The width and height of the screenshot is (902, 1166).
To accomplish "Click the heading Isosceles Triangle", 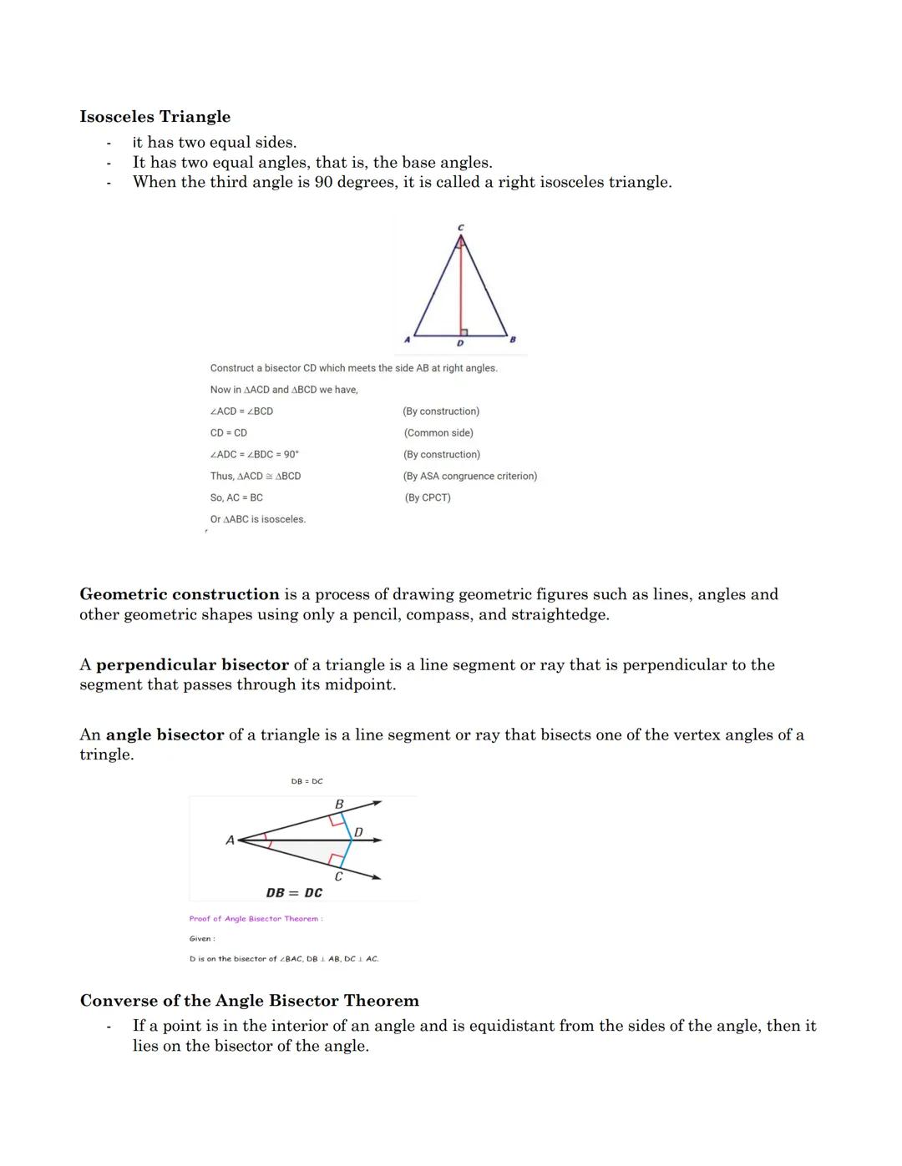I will click(x=155, y=117).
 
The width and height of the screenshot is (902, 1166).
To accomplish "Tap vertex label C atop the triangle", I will click(x=460, y=227).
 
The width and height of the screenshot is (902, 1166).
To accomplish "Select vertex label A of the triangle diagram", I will click(x=407, y=340).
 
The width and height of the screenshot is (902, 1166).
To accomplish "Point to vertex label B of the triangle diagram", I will click(x=513, y=340).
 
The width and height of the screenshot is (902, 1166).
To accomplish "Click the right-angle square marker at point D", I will click(x=464, y=332).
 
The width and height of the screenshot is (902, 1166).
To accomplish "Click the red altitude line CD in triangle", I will click(x=460, y=284).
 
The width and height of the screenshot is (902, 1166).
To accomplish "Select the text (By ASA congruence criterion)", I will click(x=469, y=476).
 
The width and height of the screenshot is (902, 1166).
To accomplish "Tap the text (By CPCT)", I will click(x=427, y=497).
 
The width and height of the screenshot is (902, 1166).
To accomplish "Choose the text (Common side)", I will click(x=438, y=432).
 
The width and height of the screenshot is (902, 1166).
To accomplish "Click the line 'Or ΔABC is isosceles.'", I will click(x=257, y=519).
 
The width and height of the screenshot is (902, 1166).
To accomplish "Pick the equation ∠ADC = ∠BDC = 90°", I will click(x=254, y=454).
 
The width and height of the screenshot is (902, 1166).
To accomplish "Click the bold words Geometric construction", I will click(x=179, y=594).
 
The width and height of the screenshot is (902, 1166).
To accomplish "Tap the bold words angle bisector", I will click(x=165, y=735).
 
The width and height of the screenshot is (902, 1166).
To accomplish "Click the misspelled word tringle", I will click(x=106, y=755).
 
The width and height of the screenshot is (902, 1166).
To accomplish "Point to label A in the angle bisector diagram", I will click(x=230, y=840).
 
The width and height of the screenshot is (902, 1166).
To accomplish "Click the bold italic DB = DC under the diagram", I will click(x=294, y=893).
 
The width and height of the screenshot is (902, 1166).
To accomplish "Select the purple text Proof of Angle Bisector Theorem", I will click(x=255, y=919).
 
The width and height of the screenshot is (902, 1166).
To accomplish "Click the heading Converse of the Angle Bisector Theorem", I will click(x=249, y=1001).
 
